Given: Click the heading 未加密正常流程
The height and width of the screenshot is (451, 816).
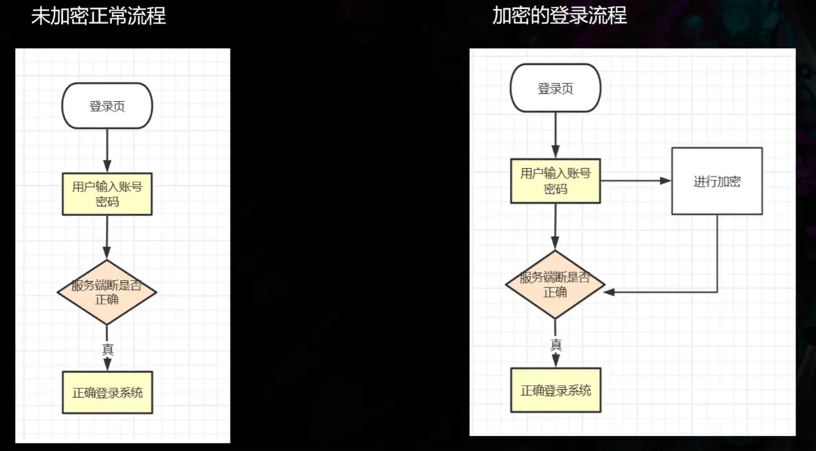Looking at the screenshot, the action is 98,16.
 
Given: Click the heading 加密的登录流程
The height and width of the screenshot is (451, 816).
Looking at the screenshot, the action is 559,16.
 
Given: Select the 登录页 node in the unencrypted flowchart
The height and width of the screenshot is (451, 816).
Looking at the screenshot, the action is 107,106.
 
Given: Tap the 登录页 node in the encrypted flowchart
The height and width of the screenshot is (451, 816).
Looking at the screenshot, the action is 555,88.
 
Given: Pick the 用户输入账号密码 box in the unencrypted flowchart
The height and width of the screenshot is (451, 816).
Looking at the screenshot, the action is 107,193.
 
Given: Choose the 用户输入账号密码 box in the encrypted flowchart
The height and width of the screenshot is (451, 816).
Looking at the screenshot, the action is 556,180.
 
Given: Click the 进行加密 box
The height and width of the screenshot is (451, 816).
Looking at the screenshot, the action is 717,181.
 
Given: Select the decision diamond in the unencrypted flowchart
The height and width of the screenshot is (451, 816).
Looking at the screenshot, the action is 107,292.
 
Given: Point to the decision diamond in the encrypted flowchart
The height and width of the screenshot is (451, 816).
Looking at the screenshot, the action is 555,284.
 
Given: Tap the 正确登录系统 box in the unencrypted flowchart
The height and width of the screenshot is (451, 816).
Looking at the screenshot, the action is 107,392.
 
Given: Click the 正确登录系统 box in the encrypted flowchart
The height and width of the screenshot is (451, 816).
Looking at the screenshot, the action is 556,390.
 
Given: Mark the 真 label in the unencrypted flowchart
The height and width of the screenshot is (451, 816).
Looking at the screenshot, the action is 108,350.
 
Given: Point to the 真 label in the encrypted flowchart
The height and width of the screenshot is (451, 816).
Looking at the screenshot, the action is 557,344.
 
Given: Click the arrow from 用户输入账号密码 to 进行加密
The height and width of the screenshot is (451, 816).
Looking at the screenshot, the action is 636,180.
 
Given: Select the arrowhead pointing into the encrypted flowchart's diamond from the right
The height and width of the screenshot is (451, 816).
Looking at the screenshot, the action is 610,292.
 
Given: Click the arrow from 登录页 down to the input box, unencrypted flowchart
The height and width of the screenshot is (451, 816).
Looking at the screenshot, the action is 107,151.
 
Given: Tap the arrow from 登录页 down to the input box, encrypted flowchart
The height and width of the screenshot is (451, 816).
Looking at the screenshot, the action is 555,136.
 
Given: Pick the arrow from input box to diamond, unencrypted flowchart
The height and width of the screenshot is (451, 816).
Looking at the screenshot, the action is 107,238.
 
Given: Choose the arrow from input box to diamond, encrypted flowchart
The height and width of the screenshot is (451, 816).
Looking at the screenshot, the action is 555,227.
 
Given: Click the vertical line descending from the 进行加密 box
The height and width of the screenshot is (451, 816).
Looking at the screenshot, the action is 718,253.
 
